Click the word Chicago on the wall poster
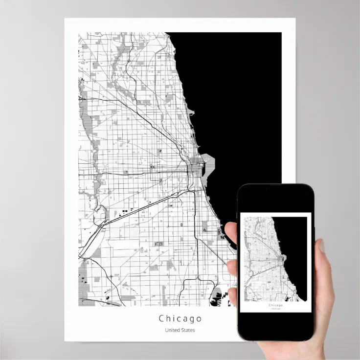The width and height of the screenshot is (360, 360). (x=180, y=319)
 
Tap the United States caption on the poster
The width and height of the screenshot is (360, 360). (x=180, y=330)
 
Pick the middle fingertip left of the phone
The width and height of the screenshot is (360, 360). (x=232, y=267)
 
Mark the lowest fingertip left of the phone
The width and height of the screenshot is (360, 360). (x=232, y=296)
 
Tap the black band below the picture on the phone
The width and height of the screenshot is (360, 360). (x=275, y=325)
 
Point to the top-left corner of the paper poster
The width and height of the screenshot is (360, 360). (x=66, y=20)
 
